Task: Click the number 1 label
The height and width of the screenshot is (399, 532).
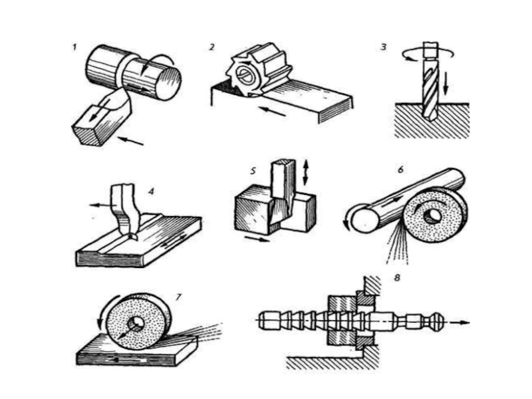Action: point(76,48)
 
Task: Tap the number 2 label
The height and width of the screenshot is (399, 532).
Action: point(211,47)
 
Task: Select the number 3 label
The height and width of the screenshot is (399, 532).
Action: point(384,47)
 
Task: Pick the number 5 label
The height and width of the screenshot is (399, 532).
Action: point(253,171)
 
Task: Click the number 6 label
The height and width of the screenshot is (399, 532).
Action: point(400,169)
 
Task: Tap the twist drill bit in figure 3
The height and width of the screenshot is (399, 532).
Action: point(428,86)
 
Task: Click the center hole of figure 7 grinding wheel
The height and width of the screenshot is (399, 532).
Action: point(138,324)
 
